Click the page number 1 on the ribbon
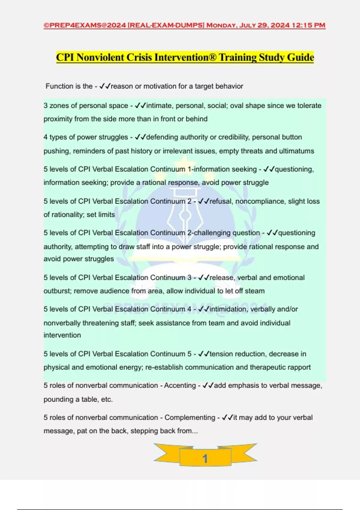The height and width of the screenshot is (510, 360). point(205,458)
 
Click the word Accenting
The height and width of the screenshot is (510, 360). point(180,385)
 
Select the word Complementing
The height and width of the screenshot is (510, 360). point(190,418)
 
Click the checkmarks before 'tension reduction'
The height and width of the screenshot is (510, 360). point(203,354)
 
